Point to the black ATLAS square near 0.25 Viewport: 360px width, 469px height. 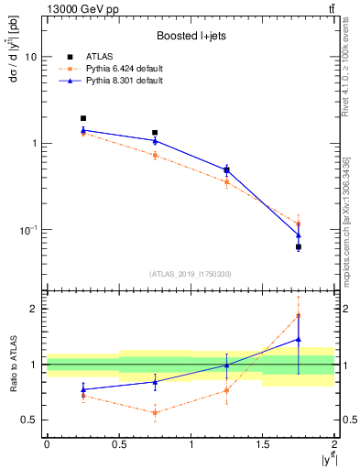click(x=82, y=118)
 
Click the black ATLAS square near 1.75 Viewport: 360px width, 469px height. click(x=299, y=247)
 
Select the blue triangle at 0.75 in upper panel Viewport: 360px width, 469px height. click(x=155, y=141)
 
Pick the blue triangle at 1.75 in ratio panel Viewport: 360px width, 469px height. click(x=299, y=339)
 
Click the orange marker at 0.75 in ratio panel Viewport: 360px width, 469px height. click(x=155, y=413)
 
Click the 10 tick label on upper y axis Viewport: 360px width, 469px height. click(x=30, y=57)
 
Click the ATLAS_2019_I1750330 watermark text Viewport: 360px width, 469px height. click(x=190, y=274)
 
